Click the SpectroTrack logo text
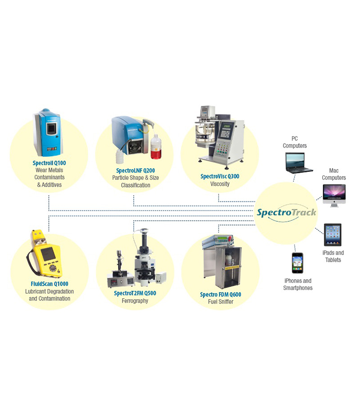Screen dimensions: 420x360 coord(287,212)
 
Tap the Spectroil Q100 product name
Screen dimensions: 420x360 coord(50,163)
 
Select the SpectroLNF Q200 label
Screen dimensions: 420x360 coord(135,170)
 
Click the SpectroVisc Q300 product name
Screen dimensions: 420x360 coord(220,176)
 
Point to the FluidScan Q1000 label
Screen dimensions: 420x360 coord(49,284)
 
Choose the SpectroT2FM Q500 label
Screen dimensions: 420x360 coord(135,293)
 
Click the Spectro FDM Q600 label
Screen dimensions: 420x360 coord(220,295)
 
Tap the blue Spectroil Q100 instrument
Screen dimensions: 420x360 coord(49,133)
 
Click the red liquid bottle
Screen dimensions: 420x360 coord(156,149)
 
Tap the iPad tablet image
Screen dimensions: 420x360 coord(333,234)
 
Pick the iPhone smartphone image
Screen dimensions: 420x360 coord(297,263)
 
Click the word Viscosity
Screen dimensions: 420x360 coord(220,184)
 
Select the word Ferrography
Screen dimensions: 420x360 coord(135,301)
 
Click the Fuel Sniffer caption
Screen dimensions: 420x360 coord(220,302)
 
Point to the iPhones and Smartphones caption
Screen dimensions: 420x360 coord(297,284)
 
